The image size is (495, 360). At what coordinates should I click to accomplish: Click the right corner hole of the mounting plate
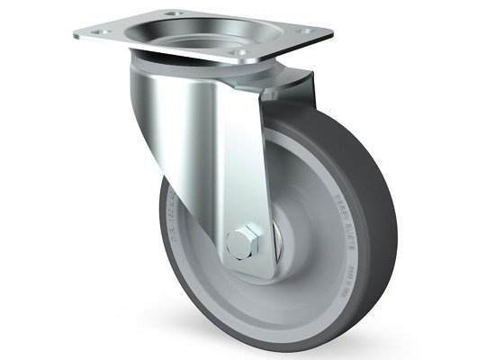click(x=311, y=31)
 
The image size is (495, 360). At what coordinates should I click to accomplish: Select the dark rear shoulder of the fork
click(x=297, y=90)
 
